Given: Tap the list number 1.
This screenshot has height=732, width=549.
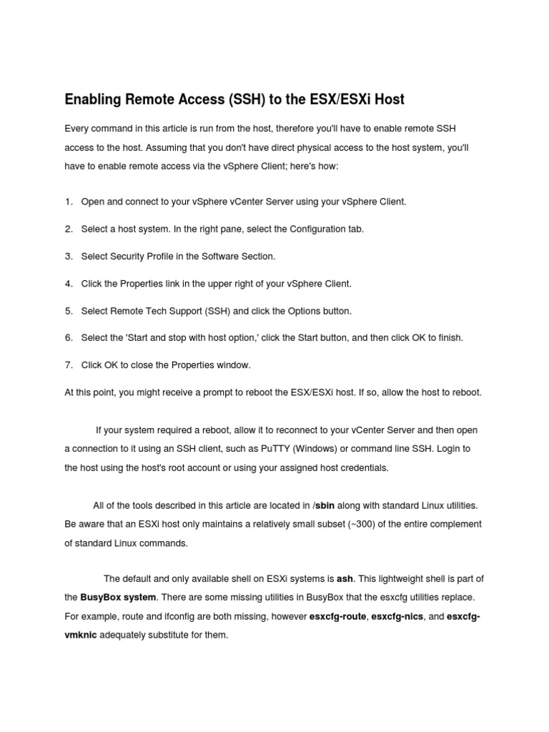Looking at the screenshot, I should coord(68,202).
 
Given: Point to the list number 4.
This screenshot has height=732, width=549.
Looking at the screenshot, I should coord(68,284).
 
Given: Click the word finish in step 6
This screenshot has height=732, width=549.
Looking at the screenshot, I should coord(449,337).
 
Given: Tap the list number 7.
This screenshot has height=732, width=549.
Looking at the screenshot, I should coord(68,365).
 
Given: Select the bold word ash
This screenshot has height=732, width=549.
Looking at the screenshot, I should coord(345,578).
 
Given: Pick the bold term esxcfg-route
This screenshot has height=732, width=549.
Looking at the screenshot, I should coord(338,615).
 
